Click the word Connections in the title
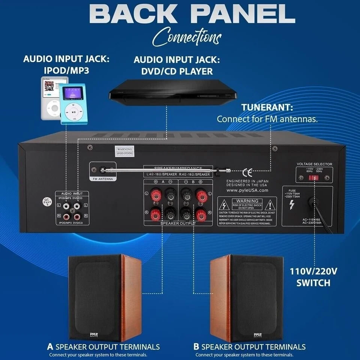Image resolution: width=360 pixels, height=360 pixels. [x=187, y=37]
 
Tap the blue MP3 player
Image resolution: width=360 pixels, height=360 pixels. [x=73, y=104]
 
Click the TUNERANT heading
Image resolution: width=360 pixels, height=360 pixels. [x=267, y=108]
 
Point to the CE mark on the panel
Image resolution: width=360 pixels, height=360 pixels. [x=247, y=172]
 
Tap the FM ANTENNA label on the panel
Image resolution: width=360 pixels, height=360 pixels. [x=103, y=179]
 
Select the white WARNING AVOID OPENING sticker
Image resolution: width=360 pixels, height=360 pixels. [x=125, y=151]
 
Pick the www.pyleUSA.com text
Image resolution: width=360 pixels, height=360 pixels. [x=247, y=190]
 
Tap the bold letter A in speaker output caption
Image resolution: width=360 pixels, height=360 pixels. [x=50, y=346]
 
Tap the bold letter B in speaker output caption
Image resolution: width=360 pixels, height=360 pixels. [x=196, y=346]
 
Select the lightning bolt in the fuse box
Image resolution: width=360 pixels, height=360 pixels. [x=292, y=205]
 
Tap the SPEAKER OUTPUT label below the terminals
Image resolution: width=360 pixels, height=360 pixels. [x=178, y=223]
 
